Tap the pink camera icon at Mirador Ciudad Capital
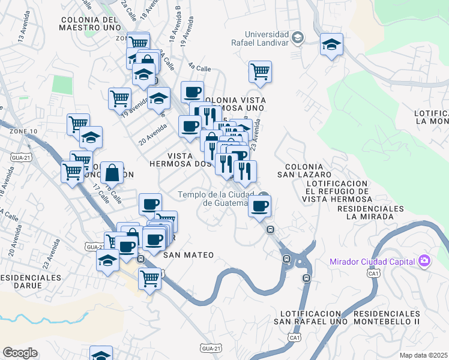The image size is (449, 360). (425, 260)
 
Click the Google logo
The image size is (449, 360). (20, 353)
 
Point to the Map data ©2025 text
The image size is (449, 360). (424, 355)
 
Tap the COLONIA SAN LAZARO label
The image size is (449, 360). (304, 170)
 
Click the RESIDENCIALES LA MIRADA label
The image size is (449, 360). (370, 212)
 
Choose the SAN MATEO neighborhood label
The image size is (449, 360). (188, 255)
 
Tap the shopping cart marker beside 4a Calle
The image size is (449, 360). (261, 71)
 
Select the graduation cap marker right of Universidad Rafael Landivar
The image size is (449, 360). (331, 45)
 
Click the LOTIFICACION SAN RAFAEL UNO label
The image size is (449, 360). (311, 317)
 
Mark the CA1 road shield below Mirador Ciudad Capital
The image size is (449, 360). (374, 274)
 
